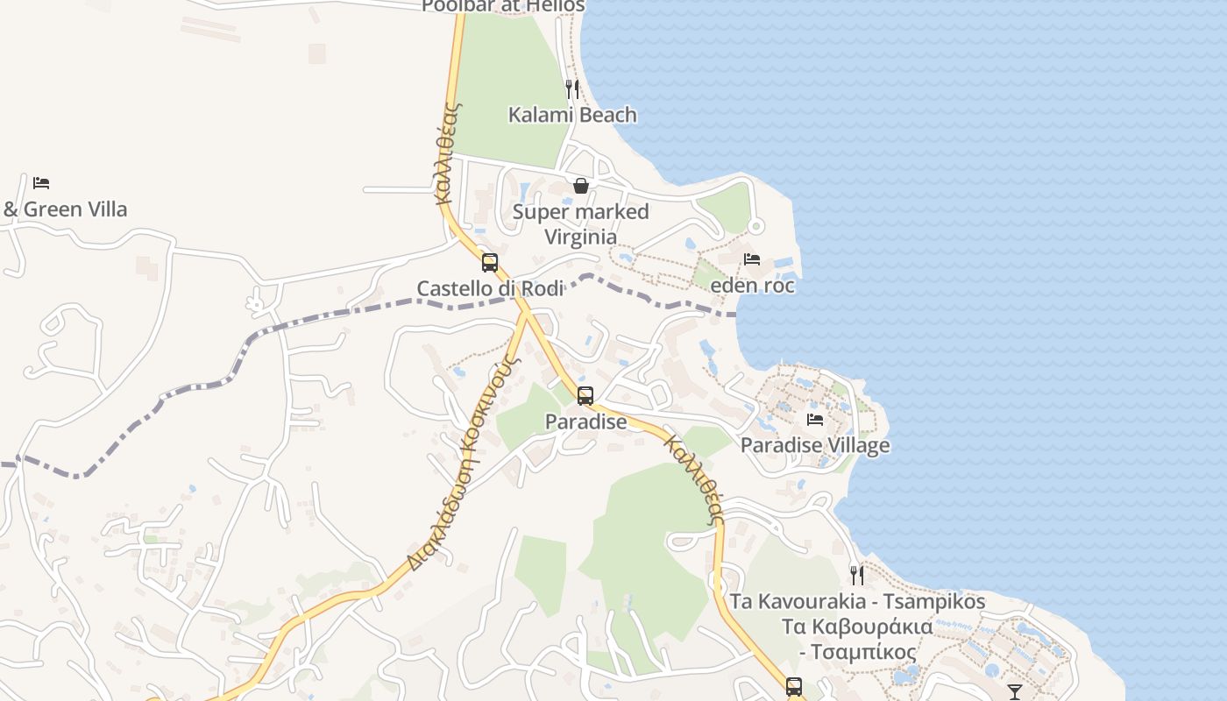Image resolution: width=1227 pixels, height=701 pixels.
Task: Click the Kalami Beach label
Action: coord(572,115)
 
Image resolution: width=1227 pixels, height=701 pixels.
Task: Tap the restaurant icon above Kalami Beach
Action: coord(572,89)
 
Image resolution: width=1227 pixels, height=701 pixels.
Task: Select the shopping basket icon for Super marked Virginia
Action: coord(580,186)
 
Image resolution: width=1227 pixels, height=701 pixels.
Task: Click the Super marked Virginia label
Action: coord(580,224)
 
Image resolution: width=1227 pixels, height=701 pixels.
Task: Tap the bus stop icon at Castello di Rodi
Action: coord(489,262)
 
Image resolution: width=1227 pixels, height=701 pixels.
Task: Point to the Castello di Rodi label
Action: coord(489,288)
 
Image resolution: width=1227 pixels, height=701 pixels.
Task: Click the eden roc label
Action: coord(752,286)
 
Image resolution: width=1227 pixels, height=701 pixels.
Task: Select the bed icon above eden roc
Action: coord(752,259)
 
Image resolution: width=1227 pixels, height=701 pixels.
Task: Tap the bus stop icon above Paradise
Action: coord(585,395)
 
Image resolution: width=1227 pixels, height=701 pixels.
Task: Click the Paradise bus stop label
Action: coord(585,421)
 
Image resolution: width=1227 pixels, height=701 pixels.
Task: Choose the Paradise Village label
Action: coord(815,445)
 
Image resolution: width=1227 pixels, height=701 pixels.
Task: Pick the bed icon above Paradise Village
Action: coord(815,419)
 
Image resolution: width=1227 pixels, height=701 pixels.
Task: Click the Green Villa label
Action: coord(66,209)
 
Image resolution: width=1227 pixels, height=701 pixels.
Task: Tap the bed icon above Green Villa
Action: coord(41,183)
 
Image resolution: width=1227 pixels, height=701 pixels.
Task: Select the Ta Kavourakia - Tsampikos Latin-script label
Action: coord(857,602)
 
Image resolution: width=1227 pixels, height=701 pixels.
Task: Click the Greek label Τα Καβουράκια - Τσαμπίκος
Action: coord(857,640)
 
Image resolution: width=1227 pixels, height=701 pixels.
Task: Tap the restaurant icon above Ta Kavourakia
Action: coord(857,576)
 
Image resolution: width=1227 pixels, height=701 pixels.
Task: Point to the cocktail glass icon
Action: coord(1015,692)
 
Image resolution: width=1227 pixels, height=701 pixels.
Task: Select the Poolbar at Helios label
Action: coord(502,6)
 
